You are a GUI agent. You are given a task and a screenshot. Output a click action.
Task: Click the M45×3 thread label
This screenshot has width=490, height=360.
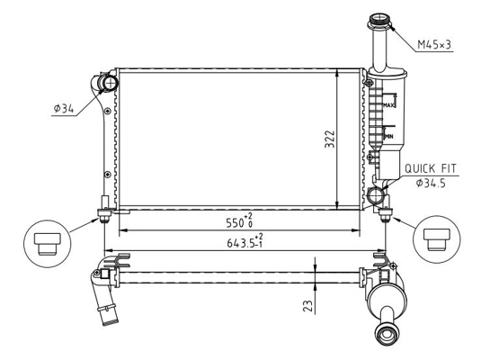coord(441,43)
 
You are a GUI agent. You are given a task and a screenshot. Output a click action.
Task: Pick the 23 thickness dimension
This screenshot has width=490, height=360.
coord(307,305)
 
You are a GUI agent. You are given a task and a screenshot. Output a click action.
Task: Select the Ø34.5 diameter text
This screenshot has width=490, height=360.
coord(433,184)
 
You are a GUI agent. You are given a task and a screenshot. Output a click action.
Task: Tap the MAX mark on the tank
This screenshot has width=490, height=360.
coord(389,105)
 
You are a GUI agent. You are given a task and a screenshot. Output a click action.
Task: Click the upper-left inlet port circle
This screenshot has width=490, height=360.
coord(108,84)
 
